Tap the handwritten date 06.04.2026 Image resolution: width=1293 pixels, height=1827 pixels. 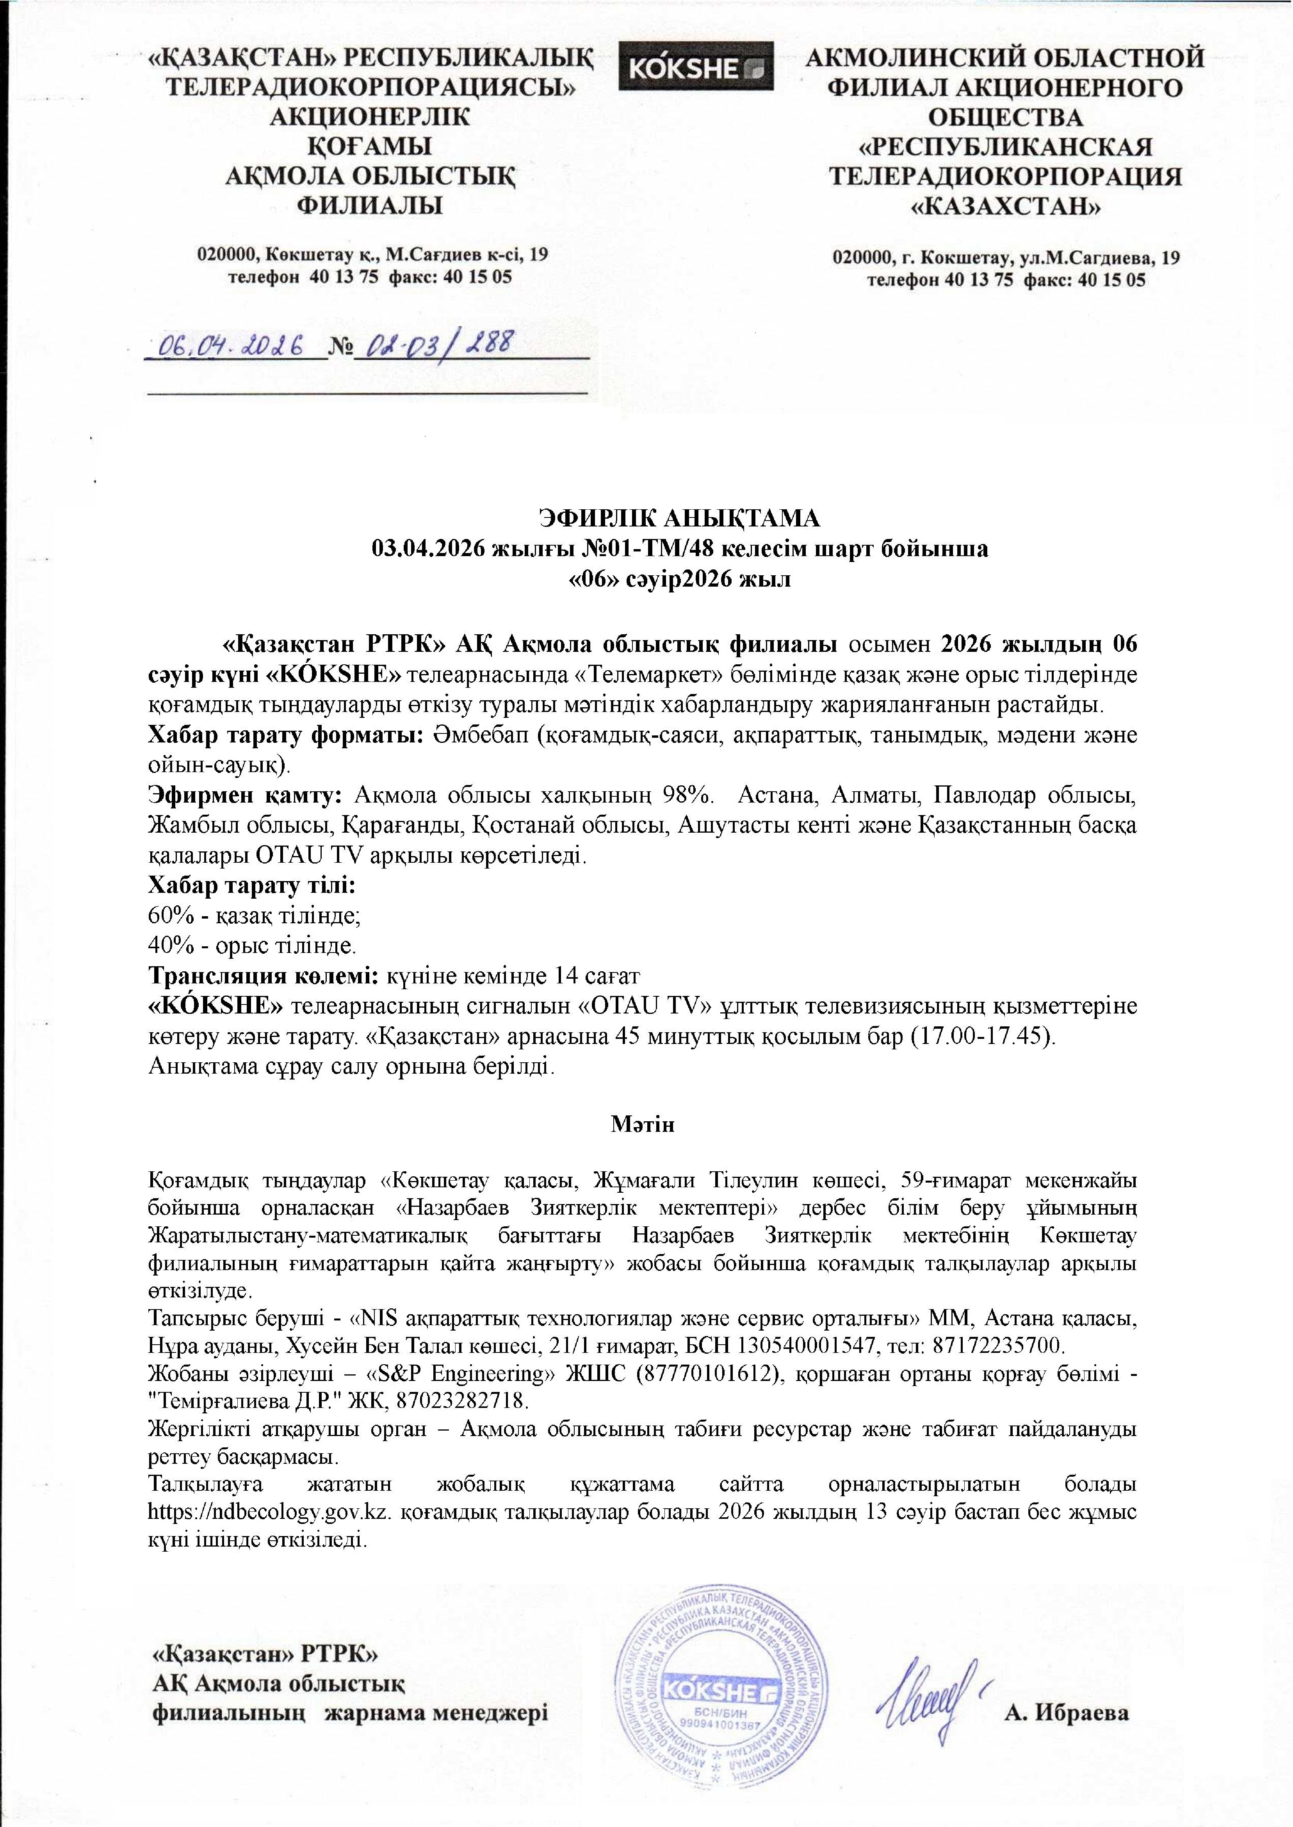[231, 346]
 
